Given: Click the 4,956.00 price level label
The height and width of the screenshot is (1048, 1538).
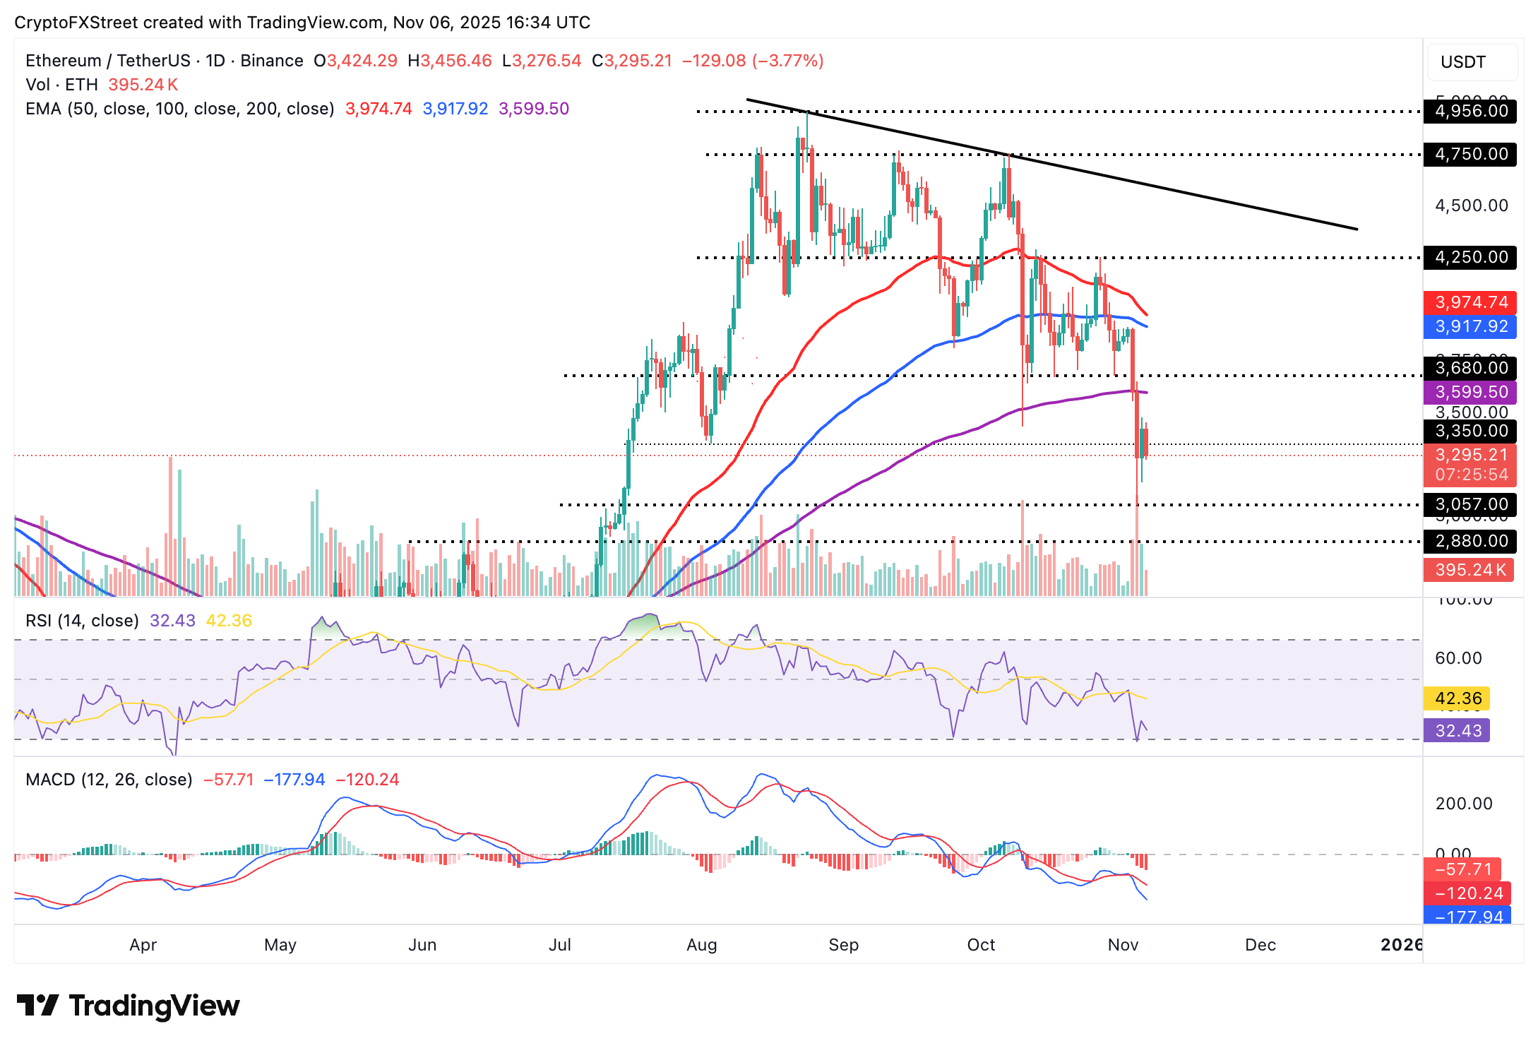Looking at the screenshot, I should click(1470, 111).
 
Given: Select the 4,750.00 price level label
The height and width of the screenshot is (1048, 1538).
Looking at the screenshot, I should click(1470, 154).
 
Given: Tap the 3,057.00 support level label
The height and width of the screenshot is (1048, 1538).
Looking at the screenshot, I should click(1470, 504).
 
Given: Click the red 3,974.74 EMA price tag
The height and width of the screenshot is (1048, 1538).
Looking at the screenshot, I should click(1470, 302).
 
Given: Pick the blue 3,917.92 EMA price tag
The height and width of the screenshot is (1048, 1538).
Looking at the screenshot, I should click(1470, 326).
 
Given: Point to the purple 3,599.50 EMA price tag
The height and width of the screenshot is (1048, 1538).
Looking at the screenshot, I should click(1470, 392).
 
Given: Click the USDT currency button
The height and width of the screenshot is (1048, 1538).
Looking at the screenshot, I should click(1463, 62).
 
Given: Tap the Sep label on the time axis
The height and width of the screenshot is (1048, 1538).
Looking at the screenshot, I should click(843, 945).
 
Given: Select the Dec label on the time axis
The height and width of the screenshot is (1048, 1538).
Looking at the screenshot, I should click(1260, 945).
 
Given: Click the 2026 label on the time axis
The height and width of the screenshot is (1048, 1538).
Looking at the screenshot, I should click(1401, 945).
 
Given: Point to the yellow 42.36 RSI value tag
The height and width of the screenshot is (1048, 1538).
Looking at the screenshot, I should click(1457, 698).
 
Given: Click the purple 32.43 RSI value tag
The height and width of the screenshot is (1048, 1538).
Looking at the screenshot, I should click(1457, 730).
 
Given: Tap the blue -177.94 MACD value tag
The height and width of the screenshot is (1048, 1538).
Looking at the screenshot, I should click(1467, 917).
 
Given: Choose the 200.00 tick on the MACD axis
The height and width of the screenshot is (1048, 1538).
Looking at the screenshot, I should click(1463, 804).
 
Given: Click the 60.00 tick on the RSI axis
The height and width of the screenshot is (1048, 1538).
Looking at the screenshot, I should click(1458, 658).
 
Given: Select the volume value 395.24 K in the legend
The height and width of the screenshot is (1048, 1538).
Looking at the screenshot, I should click(143, 85).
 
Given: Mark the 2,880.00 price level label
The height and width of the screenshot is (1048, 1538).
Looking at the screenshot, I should click(1470, 541).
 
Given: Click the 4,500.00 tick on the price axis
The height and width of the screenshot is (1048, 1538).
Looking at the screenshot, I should click(1471, 206).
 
